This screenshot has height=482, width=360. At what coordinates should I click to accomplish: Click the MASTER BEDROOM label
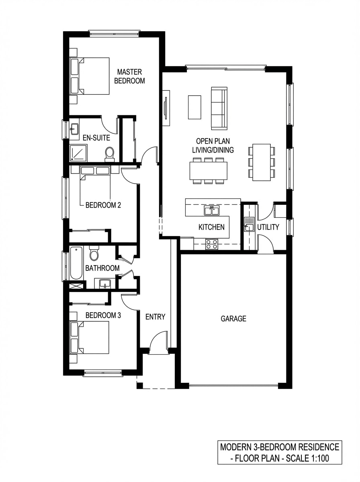(x=129, y=76)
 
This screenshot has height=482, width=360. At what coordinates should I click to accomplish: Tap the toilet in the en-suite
(x=109, y=153)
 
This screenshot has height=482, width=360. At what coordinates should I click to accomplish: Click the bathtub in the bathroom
(x=76, y=263)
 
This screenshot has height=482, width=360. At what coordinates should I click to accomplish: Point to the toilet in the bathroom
(x=94, y=253)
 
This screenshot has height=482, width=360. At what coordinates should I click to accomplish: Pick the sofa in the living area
(x=219, y=108)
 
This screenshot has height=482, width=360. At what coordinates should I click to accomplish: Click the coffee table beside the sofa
(x=194, y=107)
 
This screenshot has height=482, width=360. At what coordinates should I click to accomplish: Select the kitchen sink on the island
(x=211, y=210)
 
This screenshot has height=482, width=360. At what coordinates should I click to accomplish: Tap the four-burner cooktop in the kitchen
(x=212, y=244)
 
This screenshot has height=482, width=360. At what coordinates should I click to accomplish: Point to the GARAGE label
(x=233, y=319)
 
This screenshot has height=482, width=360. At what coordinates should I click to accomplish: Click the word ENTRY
(x=155, y=317)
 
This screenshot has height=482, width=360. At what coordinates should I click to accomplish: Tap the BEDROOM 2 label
(x=103, y=205)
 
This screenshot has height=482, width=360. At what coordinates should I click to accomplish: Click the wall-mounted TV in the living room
(x=166, y=108)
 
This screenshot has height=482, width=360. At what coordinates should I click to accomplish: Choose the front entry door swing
(x=158, y=342)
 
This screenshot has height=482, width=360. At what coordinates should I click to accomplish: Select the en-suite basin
(x=74, y=129)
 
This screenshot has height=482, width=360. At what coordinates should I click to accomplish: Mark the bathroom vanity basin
(x=105, y=284)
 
